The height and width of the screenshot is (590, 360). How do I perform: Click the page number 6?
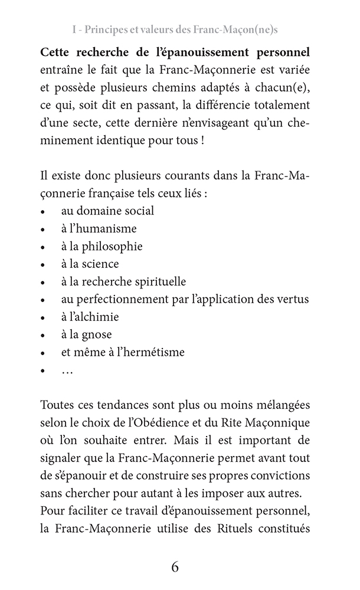click(175, 568)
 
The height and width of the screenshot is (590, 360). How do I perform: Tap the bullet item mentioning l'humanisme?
click(99, 228)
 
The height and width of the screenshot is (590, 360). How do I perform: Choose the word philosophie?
click(116, 245)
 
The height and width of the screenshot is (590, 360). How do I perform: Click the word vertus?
click(293, 299)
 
